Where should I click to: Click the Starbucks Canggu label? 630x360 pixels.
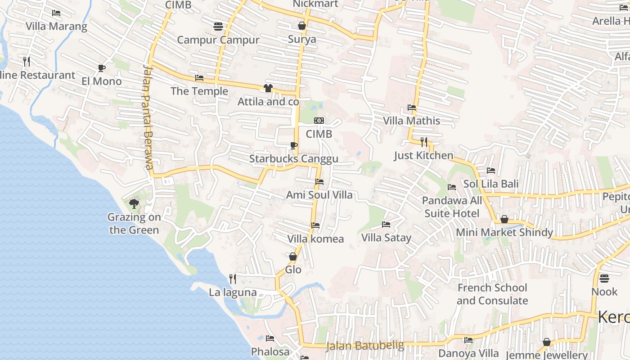point(293,159)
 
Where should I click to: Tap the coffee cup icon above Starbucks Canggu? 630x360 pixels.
point(293,145)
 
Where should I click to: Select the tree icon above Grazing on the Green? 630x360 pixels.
point(134,204)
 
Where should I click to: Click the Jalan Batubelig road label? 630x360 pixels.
point(365,346)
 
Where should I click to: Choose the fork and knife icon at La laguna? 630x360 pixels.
point(233,279)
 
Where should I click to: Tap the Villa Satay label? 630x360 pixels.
point(386,237)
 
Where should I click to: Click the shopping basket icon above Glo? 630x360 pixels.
point(293,256)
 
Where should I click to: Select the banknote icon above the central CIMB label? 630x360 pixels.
point(319,121)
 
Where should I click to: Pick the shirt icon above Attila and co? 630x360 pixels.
point(268,88)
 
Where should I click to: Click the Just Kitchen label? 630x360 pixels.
point(423,155)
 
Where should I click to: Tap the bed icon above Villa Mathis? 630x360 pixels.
point(412,108)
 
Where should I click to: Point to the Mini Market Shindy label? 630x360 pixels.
point(504,232)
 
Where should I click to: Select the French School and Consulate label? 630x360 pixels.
point(492,294)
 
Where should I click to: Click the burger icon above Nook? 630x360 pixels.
point(604,278)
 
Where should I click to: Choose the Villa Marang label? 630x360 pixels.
point(56,26)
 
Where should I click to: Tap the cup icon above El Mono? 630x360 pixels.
point(102,68)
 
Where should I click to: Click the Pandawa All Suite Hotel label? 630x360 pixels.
point(452,207)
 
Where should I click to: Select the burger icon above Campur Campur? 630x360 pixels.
point(218,27)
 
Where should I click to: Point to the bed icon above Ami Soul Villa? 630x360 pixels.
point(319,182)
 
